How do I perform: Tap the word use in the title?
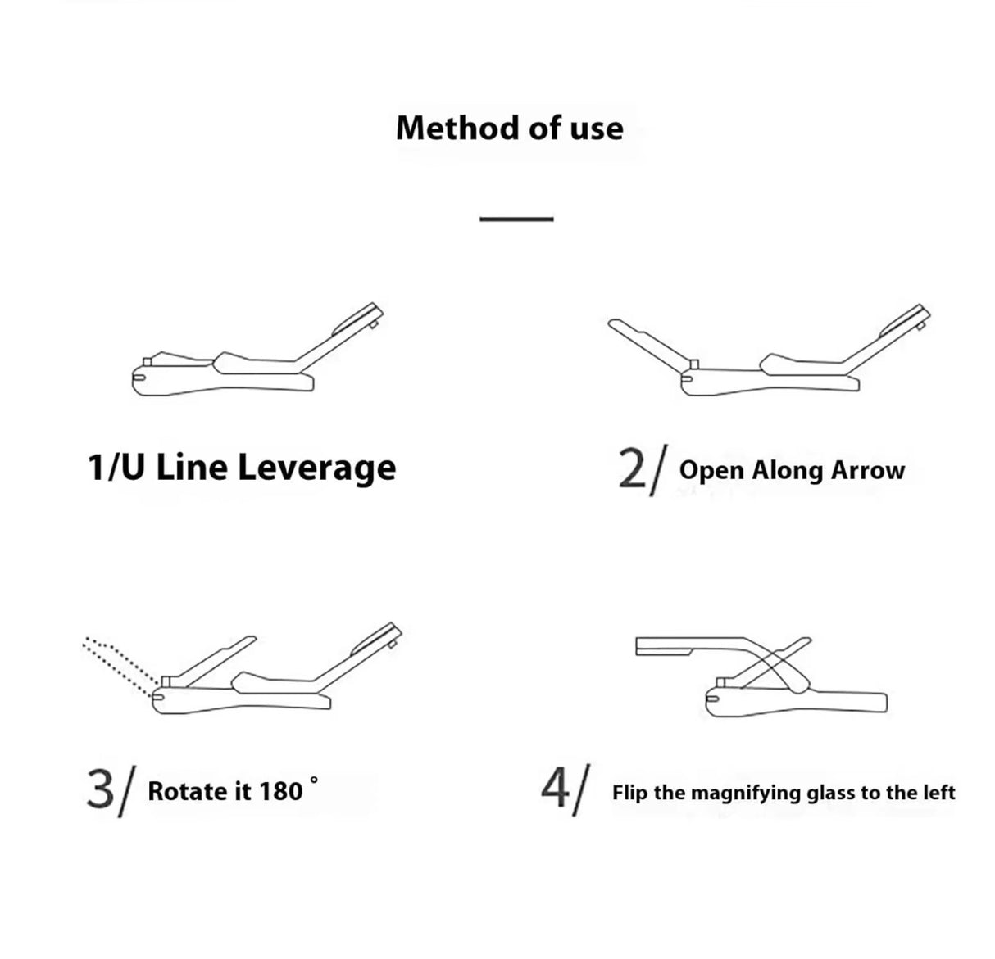click(x=596, y=129)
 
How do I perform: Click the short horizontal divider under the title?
click(x=516, y=219)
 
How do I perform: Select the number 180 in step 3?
click(x=281, y=791)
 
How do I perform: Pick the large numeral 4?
click(x=555, y=789)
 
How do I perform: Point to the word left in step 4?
click(x=939, y=792)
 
